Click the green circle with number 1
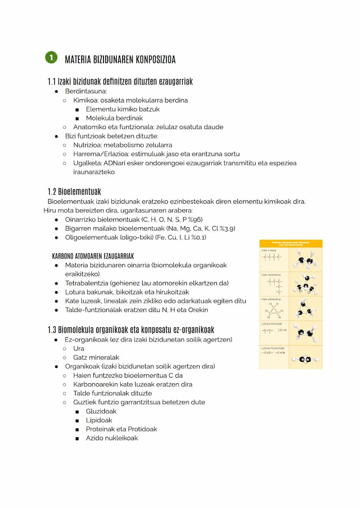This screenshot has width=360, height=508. (51, 58)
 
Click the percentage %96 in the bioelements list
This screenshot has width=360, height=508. (195, 219)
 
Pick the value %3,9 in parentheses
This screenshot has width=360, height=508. (227, 229)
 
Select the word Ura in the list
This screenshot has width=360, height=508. (79, 349)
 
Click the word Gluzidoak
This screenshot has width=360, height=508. (101, 412)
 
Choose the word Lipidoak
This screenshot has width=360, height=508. (99, 420)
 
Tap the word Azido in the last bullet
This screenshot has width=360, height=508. (95, 438)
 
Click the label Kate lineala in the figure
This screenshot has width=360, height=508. (269, 251)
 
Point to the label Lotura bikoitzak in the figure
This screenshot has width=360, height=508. (272, 324)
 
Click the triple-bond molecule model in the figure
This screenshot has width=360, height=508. (306, 359)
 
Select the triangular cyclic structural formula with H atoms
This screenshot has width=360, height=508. (274, 311)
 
